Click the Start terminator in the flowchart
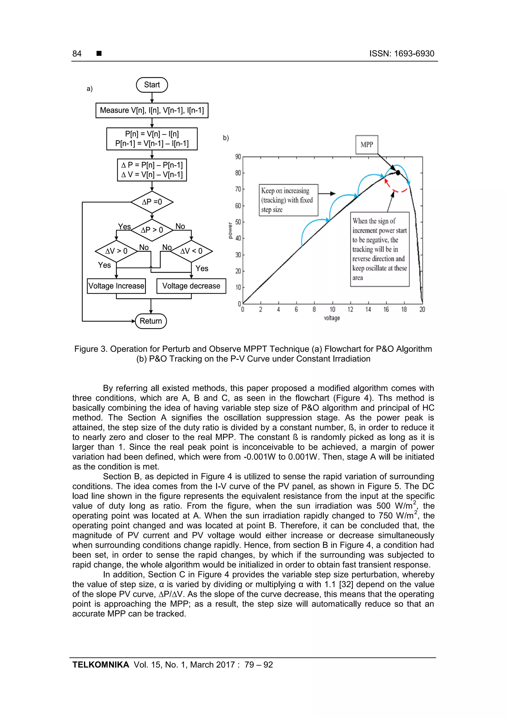point(152,85)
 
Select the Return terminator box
point(151,321)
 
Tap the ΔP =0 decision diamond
point(152,202)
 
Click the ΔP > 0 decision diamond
point(152,230)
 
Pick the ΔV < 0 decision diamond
point(191,251)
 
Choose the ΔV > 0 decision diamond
point(116,251)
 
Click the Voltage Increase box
point(116,286)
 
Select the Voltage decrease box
point(191,286)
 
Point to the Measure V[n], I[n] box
point(152,110)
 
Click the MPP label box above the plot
point(367,144)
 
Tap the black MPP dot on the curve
point(398,172)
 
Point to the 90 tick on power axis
point(238,157)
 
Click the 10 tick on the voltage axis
point(332,309)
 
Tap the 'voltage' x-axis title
point(332,318)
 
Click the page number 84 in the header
point(77,54)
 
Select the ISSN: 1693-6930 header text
point(402,54)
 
